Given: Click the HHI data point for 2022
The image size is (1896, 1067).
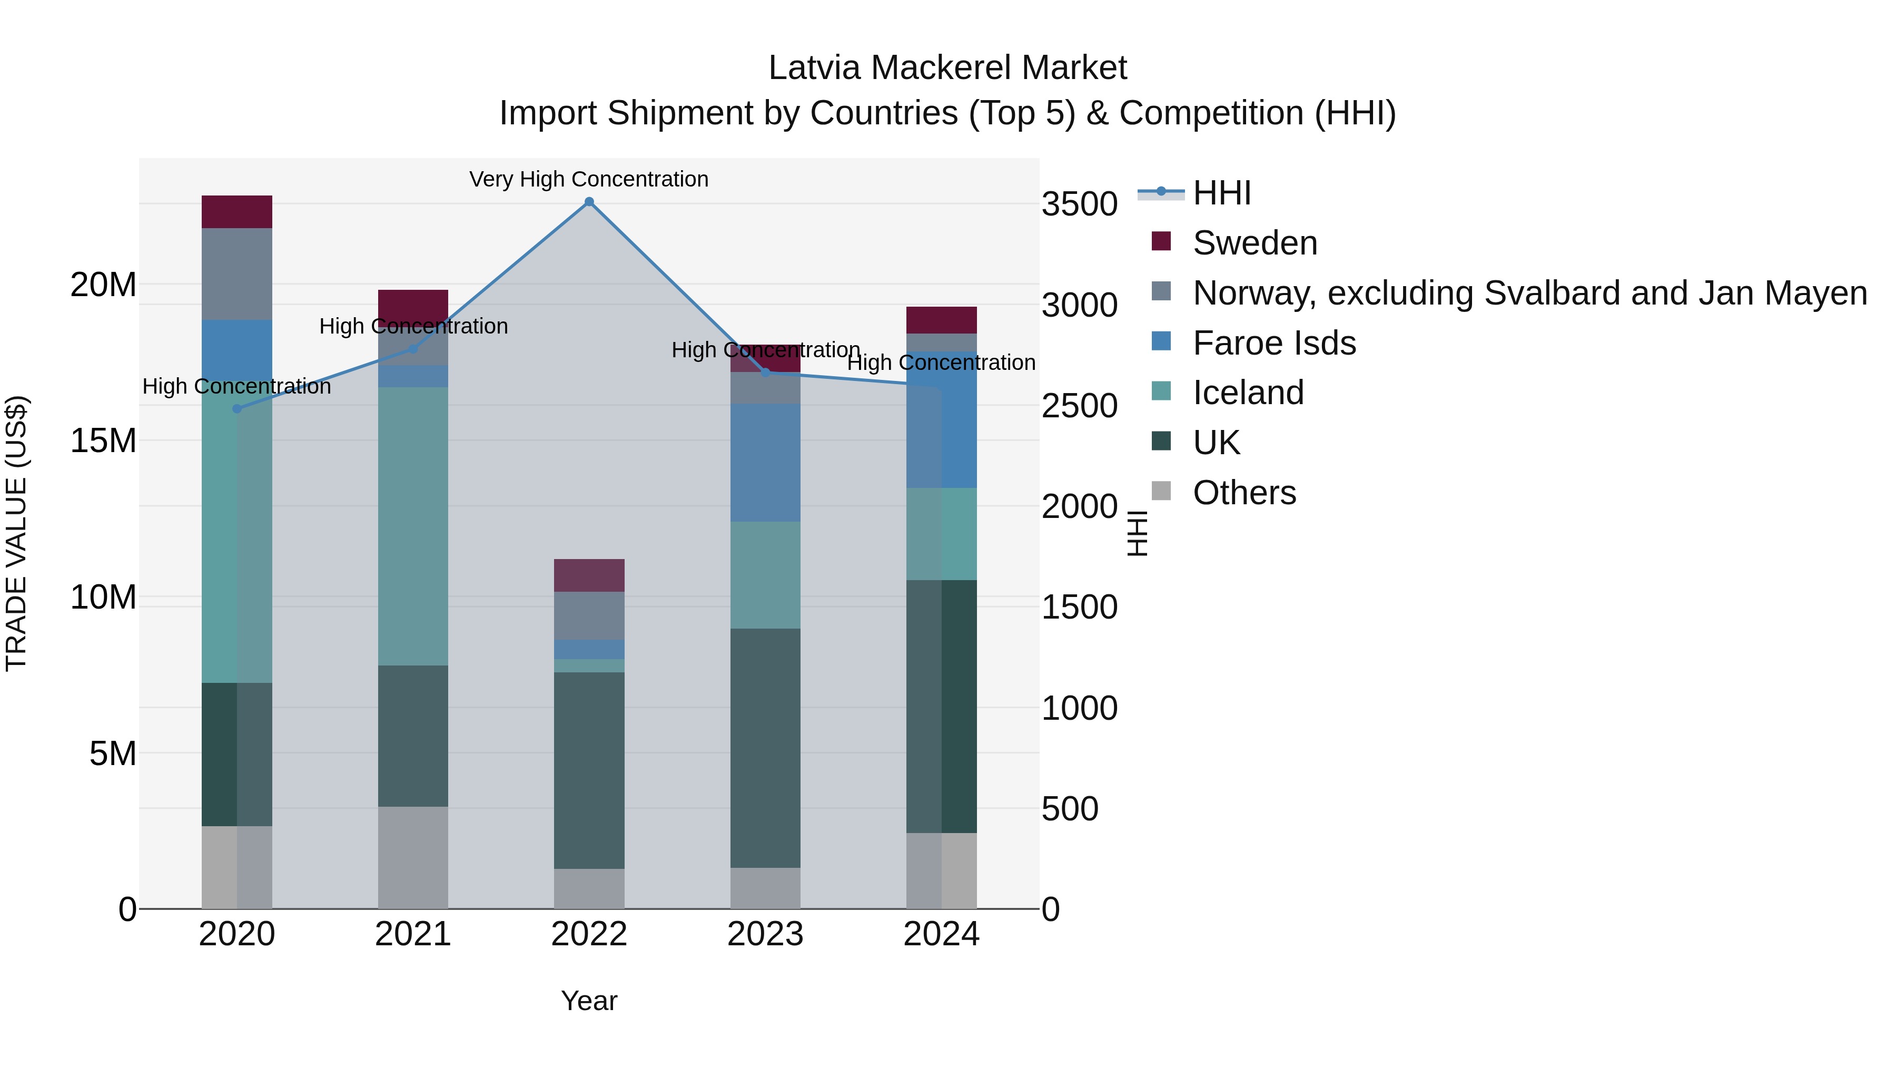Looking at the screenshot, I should pos(589,202).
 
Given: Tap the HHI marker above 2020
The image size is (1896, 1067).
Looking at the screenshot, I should pos(237,409).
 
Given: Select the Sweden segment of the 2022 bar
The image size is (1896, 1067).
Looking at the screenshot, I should pos(589,575).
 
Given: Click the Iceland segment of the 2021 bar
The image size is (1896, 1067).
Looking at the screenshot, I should pos(413,526).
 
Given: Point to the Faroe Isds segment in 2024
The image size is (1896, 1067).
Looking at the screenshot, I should pos(941,420).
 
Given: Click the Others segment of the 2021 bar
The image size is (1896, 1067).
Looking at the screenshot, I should pos(413,857).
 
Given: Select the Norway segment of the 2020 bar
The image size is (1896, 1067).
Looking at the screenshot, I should pos(237,274).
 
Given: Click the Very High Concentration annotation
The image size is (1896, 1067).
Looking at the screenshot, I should pos(589,179).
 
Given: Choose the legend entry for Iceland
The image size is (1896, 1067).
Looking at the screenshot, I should pos(1248,393).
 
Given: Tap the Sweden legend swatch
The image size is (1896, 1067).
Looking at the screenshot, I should pos(1161,241).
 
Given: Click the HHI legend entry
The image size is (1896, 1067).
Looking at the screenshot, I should pos(1222,193).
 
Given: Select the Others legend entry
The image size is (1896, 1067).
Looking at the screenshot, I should pos(1244,493).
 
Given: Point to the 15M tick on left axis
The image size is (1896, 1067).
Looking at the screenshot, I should pos(104,441).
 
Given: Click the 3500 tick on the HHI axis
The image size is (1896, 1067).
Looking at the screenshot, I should pos(1080,204).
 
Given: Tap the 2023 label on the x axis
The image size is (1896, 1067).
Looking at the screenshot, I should pos(765,934).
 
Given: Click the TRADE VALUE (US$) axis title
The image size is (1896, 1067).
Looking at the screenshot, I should pos(16,533).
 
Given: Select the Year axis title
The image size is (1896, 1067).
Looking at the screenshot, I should pos(589,1001).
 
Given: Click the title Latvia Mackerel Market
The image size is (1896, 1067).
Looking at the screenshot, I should pos(947,68).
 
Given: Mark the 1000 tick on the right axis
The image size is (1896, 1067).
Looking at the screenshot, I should pos(1080,708).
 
